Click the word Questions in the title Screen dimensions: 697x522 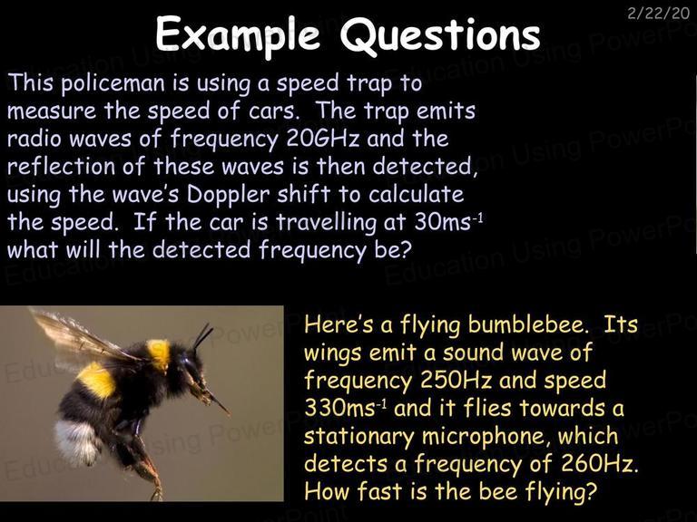[x=440, y=35]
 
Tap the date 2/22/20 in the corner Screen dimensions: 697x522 [x=658, y=14]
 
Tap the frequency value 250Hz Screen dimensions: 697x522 [x=456, y=381]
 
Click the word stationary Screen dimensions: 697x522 [x=358, y=437]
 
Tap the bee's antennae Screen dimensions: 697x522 [x=202, y=336]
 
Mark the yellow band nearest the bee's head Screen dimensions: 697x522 [x=159, y=353]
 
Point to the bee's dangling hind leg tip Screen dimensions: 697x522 [x=157, y=494]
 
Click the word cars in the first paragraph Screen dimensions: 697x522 [x=272, y=111]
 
